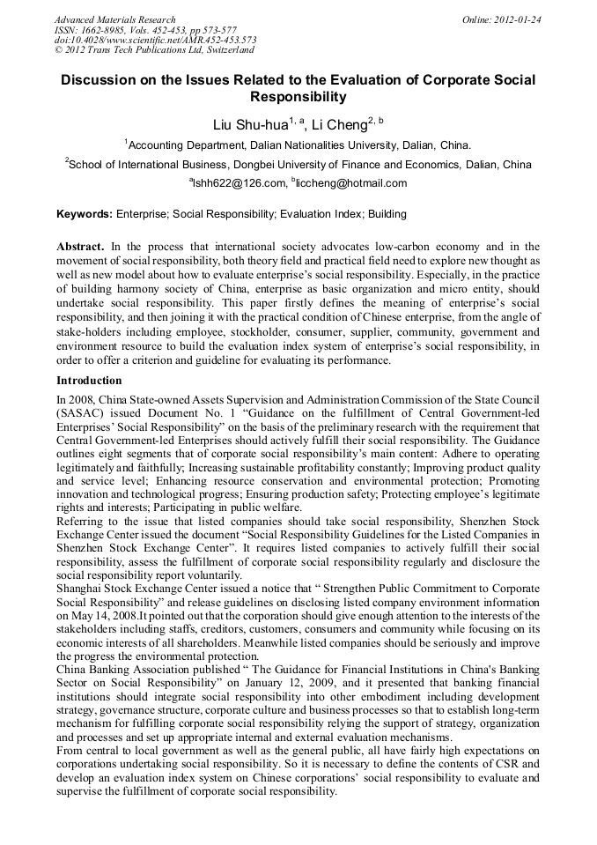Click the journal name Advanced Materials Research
point(114,19)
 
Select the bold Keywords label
point(85,214)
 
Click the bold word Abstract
point(82,247)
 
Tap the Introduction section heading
point(89,381)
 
